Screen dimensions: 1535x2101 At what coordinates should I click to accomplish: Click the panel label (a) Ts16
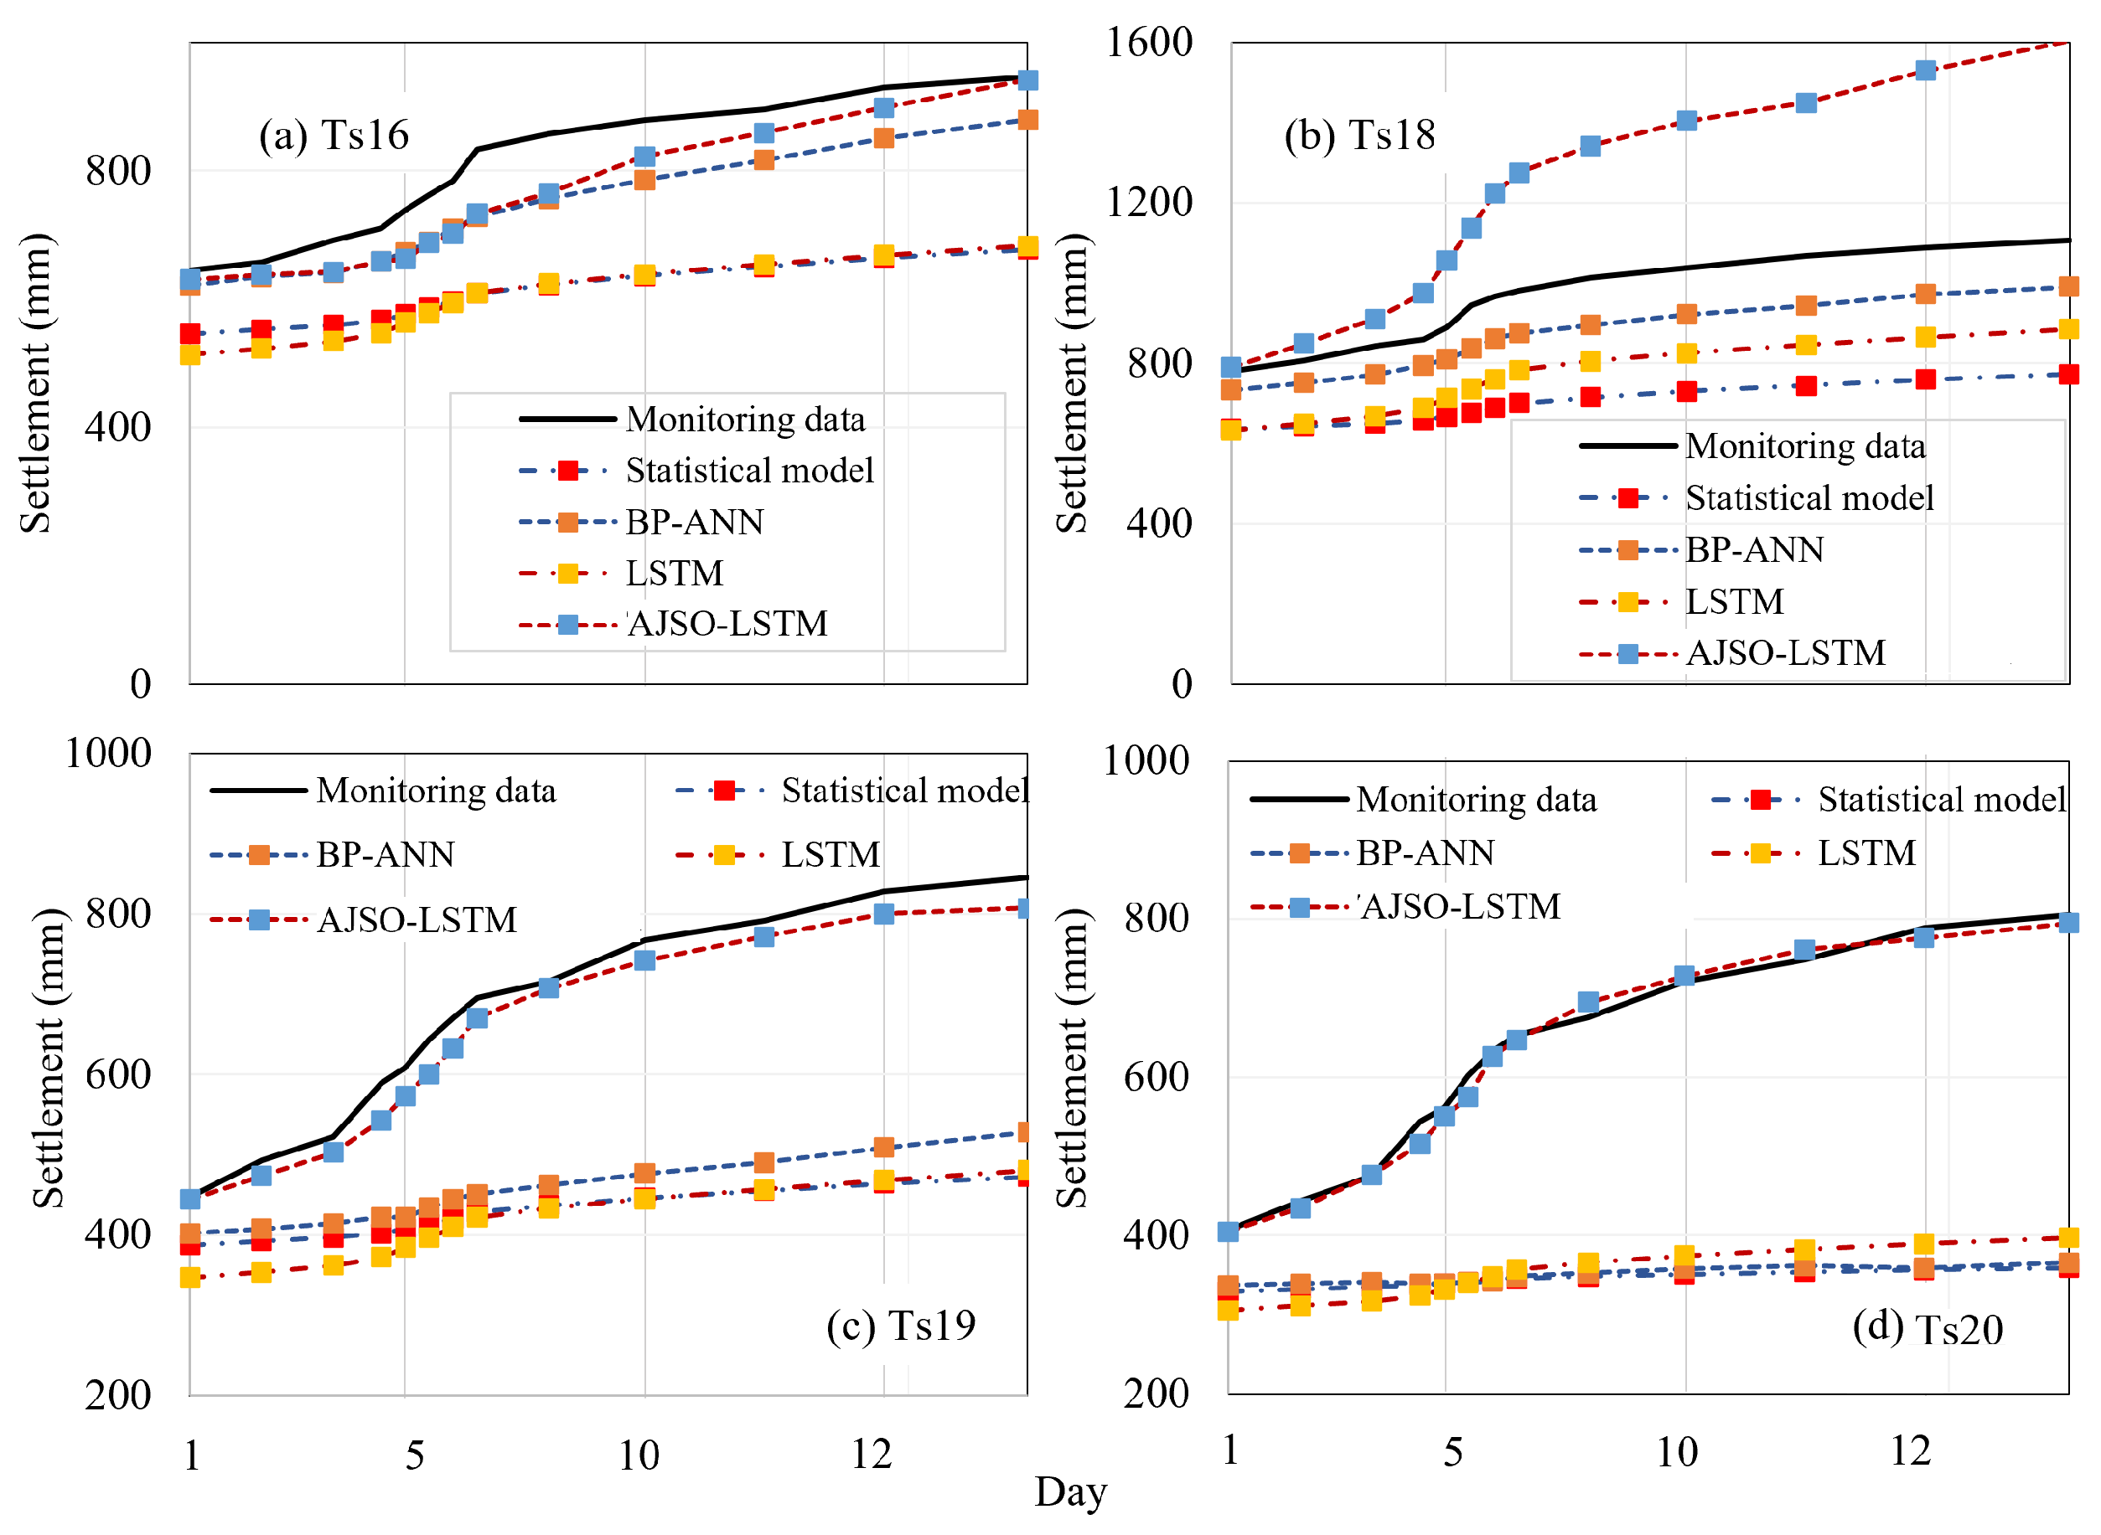tap(334, 136)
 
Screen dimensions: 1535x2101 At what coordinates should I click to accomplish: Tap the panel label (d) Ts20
tap(1928, 1328)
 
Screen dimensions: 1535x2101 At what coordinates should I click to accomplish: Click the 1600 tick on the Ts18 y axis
tap(1148, 43)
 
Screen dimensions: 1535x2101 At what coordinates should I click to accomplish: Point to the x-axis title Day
tap(1070, 1492)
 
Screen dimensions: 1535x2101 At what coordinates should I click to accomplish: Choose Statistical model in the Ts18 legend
tap(1809, 498)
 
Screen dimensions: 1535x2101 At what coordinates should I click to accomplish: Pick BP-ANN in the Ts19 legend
tap(385, 855)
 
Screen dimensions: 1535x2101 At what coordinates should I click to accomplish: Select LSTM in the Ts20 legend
tap(1866, 853)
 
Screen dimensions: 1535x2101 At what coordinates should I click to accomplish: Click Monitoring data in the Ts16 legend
tap(745, 420)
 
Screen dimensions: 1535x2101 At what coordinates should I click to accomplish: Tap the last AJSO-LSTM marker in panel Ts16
tap(1027, 81)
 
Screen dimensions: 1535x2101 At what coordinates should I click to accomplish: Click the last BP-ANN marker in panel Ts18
tap(2068, 286)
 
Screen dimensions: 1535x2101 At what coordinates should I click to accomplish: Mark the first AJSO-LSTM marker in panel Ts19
tap(189, 1198)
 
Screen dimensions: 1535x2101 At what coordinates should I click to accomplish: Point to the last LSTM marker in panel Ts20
tap(2068, 1237)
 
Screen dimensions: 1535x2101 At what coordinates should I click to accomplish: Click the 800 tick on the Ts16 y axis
tap(118, 171)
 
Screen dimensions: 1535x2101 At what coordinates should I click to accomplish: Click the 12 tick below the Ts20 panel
tap(1911, 1451)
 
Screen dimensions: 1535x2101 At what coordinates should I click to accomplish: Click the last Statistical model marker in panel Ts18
tap(2068, 374)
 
